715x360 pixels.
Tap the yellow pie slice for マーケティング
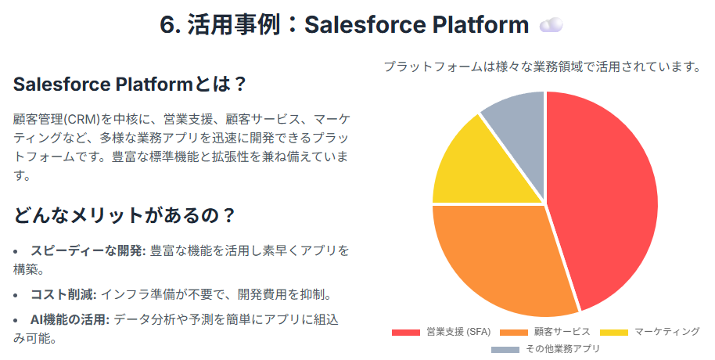coord(483,169)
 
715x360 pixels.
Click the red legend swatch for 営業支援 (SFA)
coord(406,332)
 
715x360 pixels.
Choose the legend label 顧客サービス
coord(562,332)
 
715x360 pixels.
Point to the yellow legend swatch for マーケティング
coord(614,332)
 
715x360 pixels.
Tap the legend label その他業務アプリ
coord(562,349)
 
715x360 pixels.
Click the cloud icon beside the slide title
coord(551,26)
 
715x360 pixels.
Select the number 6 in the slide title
coord(167,26)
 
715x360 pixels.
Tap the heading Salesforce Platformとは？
coord(130,85)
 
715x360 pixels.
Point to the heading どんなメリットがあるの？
coord(124,215)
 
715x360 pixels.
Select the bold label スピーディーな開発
coord(88,250)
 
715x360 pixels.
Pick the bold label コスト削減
coord(63,294)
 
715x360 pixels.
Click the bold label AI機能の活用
coord(70,319)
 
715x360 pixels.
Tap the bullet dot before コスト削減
coord(16,295)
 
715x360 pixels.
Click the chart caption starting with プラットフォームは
coord(542,67)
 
